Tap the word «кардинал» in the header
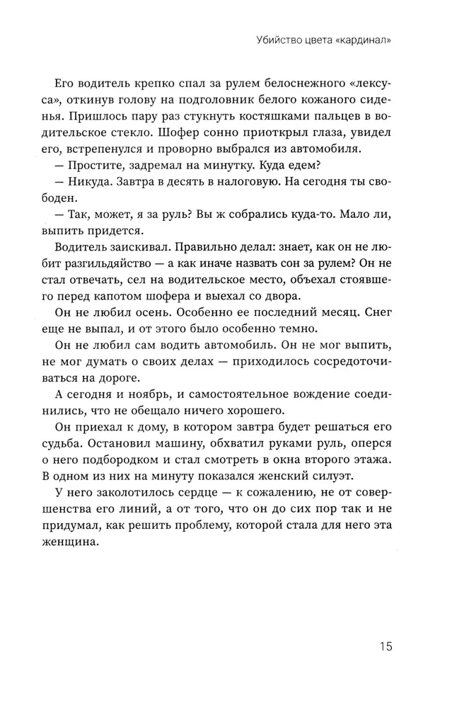click(x=364, y=40)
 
